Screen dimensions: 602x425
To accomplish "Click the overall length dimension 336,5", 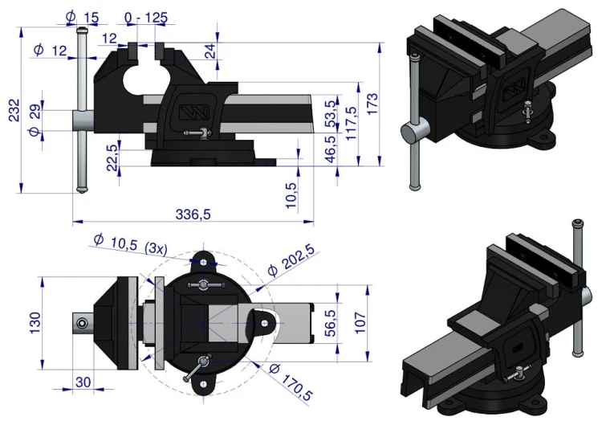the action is click(x=193, y=214).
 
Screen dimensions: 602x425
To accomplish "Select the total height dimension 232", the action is click(x=14, y=110).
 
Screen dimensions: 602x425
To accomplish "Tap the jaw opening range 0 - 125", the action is click(x=146, y=18).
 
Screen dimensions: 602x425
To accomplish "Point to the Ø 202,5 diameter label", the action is click(x=291, y=260).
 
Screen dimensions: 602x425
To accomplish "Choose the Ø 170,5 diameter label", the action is click(x=291, y=382).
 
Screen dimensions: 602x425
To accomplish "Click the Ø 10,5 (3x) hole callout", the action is click(x=131, y=244).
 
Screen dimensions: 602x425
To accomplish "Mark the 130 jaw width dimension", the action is click(x=35, y=323).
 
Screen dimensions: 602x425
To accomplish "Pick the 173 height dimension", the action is click(x=372, y=104).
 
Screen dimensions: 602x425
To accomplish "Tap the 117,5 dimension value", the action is click(x=352, y=123).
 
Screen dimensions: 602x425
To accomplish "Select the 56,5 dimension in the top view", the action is click(x=330, y=323).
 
